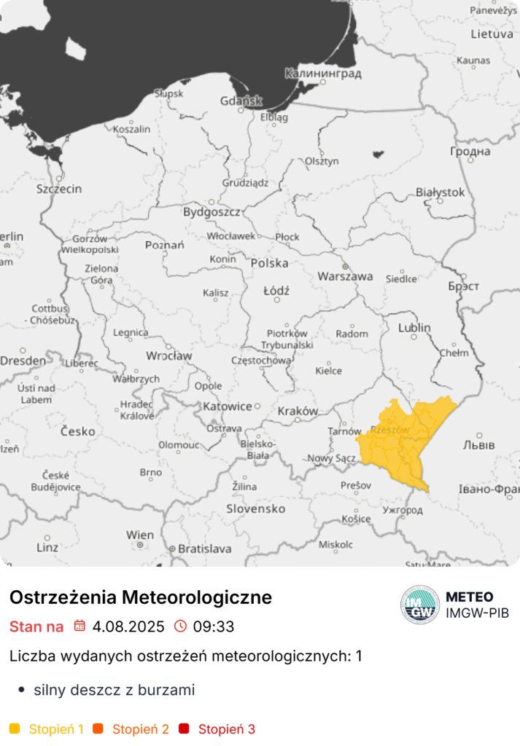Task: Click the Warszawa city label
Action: pos(345,277)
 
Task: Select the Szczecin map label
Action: pos(59,189)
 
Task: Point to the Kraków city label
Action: pos(298,411)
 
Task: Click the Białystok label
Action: pos(439,192)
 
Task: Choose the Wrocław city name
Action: pos(168,356)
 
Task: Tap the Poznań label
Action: pos(164,246)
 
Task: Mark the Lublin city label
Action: pos(414,328)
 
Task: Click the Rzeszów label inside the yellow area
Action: pos(389,431)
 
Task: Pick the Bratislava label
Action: pos(205,549)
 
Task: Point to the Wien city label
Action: pos(140,535)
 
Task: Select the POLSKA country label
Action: pos(269,263)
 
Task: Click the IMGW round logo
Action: pos(420,605)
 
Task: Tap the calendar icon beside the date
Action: pos(79,627)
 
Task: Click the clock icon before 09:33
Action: pos(180,627)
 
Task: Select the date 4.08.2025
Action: pos(128,627)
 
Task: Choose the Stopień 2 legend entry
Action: pos(141,729)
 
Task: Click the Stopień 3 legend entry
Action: pos(226,729)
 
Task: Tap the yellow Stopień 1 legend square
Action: pos(15,729)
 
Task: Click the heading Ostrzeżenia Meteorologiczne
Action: pos(141,597)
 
